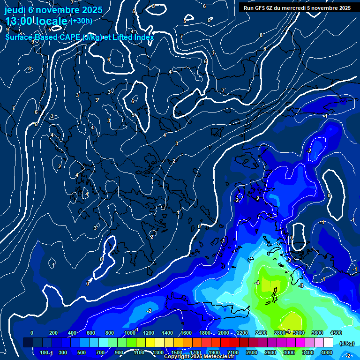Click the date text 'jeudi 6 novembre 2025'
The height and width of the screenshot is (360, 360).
[53, 9]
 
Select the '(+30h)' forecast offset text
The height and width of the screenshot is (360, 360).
[81, 21]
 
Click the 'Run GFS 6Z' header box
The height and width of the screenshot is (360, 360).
[297, 7]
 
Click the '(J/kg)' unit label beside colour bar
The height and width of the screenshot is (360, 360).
[346, 343]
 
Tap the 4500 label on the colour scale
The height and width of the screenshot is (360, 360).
[336, 333]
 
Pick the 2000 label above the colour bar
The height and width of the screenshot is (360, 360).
[224, 333]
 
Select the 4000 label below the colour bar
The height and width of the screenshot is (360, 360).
[327, 352]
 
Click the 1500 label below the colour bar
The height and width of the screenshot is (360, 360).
[177, 352]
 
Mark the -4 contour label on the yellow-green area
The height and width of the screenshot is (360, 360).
[256, 283]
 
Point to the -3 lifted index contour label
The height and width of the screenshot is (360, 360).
[301, 285]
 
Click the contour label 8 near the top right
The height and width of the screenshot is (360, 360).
[261, 35]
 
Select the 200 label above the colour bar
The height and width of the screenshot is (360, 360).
[53, 333]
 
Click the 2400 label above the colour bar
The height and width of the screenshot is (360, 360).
[261, 333]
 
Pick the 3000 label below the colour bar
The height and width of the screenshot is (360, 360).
[289, 352]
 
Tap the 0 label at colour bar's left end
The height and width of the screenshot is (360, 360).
[32, 333]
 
